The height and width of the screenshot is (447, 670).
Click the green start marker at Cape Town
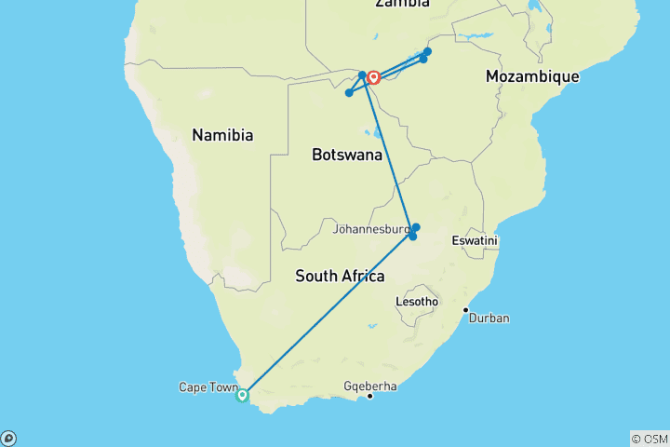click(x=242, y=395)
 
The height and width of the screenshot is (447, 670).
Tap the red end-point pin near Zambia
click(x=372, y=77)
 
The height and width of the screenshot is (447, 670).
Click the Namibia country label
click(x=222, y=135)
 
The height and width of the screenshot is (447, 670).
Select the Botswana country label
click(x=347, y=155)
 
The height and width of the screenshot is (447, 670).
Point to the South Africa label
click(x=340, y=276)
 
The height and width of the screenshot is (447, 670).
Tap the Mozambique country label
click(x=532, y=77)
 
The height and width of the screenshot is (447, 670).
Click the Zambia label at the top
click(x=402, y=4)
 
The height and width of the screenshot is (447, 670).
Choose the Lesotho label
click(x=416, y=302)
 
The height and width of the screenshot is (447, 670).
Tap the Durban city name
click(x=489, y=318)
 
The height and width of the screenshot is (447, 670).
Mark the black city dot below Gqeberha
click(x=369, y=397)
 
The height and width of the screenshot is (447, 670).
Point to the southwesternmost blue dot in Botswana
click(x=349, y=93)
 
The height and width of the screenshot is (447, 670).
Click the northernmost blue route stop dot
click(x=428, y=51)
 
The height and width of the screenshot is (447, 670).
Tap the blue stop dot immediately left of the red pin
click(x=362, y=74)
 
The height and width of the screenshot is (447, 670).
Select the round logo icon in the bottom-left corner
click(x=8, y=438)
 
